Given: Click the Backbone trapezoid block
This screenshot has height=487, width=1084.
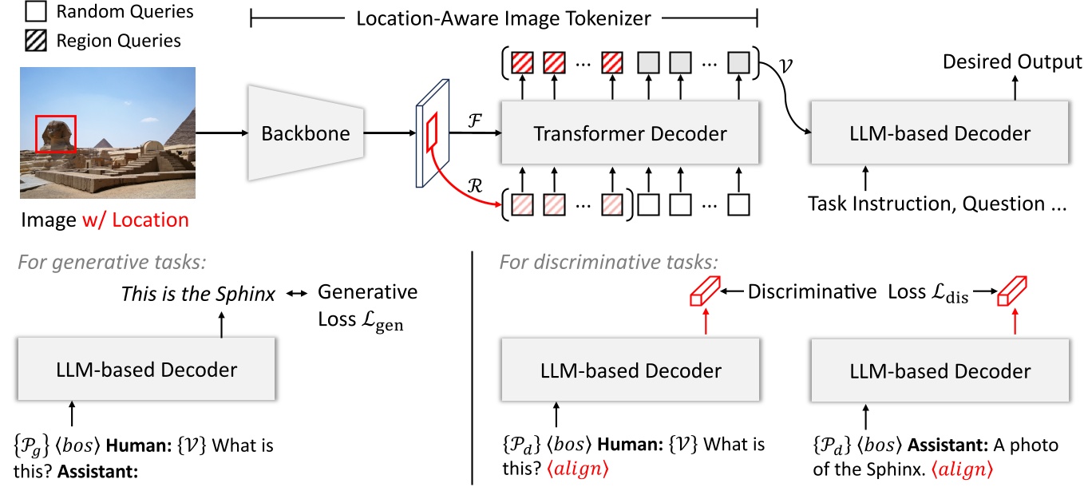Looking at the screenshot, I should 306,133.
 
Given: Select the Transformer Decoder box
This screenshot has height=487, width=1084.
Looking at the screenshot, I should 630,133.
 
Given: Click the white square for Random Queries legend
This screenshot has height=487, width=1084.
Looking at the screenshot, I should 34,12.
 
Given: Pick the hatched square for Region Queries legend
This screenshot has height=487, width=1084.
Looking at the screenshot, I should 34,40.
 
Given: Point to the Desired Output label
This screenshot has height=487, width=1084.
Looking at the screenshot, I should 1012,61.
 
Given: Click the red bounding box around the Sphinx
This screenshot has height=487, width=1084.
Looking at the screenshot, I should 56,133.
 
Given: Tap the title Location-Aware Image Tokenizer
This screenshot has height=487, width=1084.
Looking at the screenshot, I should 504,17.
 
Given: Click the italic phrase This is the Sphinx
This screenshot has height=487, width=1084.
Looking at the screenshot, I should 198,294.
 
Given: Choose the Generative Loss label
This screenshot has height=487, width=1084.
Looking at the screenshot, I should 367,305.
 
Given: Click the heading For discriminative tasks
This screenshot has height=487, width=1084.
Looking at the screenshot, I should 609,261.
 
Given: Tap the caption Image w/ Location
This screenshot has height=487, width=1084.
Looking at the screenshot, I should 104,219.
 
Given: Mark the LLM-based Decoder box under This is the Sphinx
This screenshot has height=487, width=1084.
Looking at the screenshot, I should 147,370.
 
